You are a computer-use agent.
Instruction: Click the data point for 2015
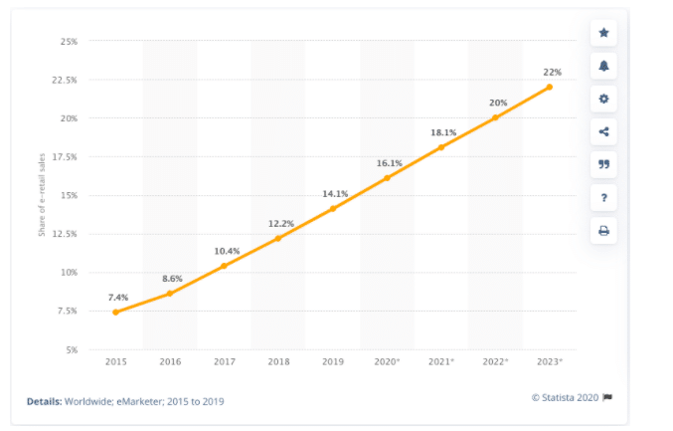(x=115, y=313)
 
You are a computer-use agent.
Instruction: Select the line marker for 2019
(x=332, y=209)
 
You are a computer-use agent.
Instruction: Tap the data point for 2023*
(x=549, y=87)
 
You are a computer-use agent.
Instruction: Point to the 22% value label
(x=552, y=72)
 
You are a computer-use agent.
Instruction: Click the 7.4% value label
(x=117, y=298)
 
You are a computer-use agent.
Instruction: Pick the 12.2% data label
(x=280, y=223)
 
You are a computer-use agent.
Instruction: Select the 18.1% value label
(x=443, y=132)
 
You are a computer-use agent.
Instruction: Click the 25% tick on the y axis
(x=69, y=42)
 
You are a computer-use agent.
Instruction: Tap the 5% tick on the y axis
(x=71, y=349)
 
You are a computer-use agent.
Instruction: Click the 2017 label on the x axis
(x=224, y=363)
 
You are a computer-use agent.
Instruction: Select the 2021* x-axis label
(x=440, y=363)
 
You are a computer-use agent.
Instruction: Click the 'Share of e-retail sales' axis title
(x=43, y=195)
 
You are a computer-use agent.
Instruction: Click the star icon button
(x=603, y=34)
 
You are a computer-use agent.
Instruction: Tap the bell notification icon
(x=603, y=67)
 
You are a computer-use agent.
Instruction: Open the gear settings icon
(x=603, y=100)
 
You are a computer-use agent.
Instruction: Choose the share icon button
(x=603, y=132)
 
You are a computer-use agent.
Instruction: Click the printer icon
(x=603, y=231)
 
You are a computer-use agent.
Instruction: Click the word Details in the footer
(x=44, y=401)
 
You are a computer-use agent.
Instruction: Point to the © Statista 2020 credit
(x=566, y=397)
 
